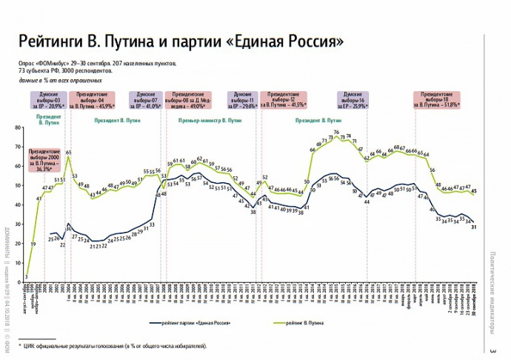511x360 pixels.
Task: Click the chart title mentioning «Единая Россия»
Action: point(181,41)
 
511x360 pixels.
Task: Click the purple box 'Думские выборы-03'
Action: point(47,99)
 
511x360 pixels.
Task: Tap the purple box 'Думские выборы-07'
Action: point(145,99)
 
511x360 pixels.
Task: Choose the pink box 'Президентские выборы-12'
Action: point(284,99)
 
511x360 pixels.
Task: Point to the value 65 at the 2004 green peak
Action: point(68,152)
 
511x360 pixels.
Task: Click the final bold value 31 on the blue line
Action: point(473,227)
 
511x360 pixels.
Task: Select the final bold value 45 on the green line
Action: point(474,191)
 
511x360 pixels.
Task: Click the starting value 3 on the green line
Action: point(26,276)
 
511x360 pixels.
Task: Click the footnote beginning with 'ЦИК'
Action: point(114,346)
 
